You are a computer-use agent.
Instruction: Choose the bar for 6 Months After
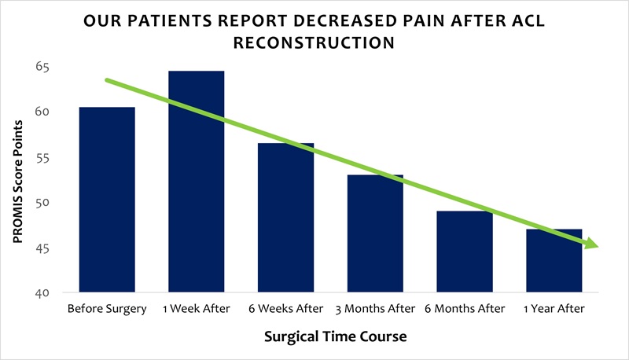tap(465, 252)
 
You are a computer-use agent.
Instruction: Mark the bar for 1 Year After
tap(555, 261)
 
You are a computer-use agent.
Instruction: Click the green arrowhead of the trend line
tap(592, 245)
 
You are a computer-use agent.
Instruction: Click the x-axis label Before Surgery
tap(107, 309)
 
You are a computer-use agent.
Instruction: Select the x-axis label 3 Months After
tap(376, 309)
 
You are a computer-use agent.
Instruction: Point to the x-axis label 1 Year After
tap(555, 309)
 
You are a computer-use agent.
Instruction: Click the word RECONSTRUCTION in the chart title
tap(315, 42)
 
